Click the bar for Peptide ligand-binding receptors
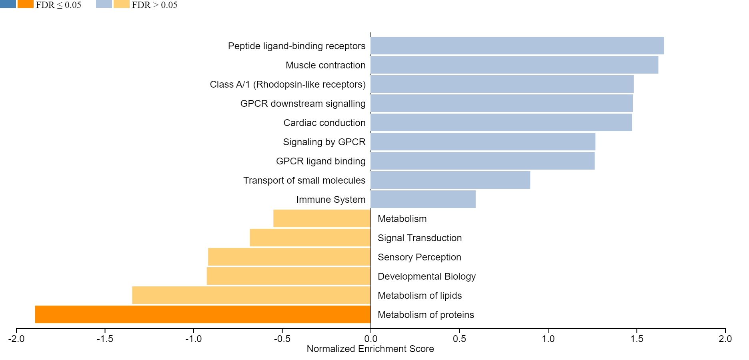click(x=517, y=46)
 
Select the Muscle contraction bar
click(x=515, y=65)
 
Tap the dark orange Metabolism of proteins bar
click(x=203, y=314)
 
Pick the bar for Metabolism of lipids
click(x=251, y=295)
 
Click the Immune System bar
click(x=423, y=199)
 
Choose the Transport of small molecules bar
click(x=451, y=180)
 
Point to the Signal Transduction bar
click(x=310, y=238)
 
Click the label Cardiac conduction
click(x=324, y=123)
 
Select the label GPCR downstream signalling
click(x=303, y=104)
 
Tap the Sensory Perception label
click(x=419, y=257)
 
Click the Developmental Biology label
click(x=427, y=276)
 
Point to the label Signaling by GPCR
click(x=324, y=142)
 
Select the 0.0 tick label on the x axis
click(x=371, y=339)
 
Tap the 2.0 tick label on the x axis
click(x=725, y=339)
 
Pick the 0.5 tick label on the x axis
click(x=459, y=339)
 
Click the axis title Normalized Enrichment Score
click(x=370, y=349)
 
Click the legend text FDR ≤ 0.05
click(x=58, y=5)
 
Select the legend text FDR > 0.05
click(x=154, y=5)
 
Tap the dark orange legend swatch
click(x=26, y=4)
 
